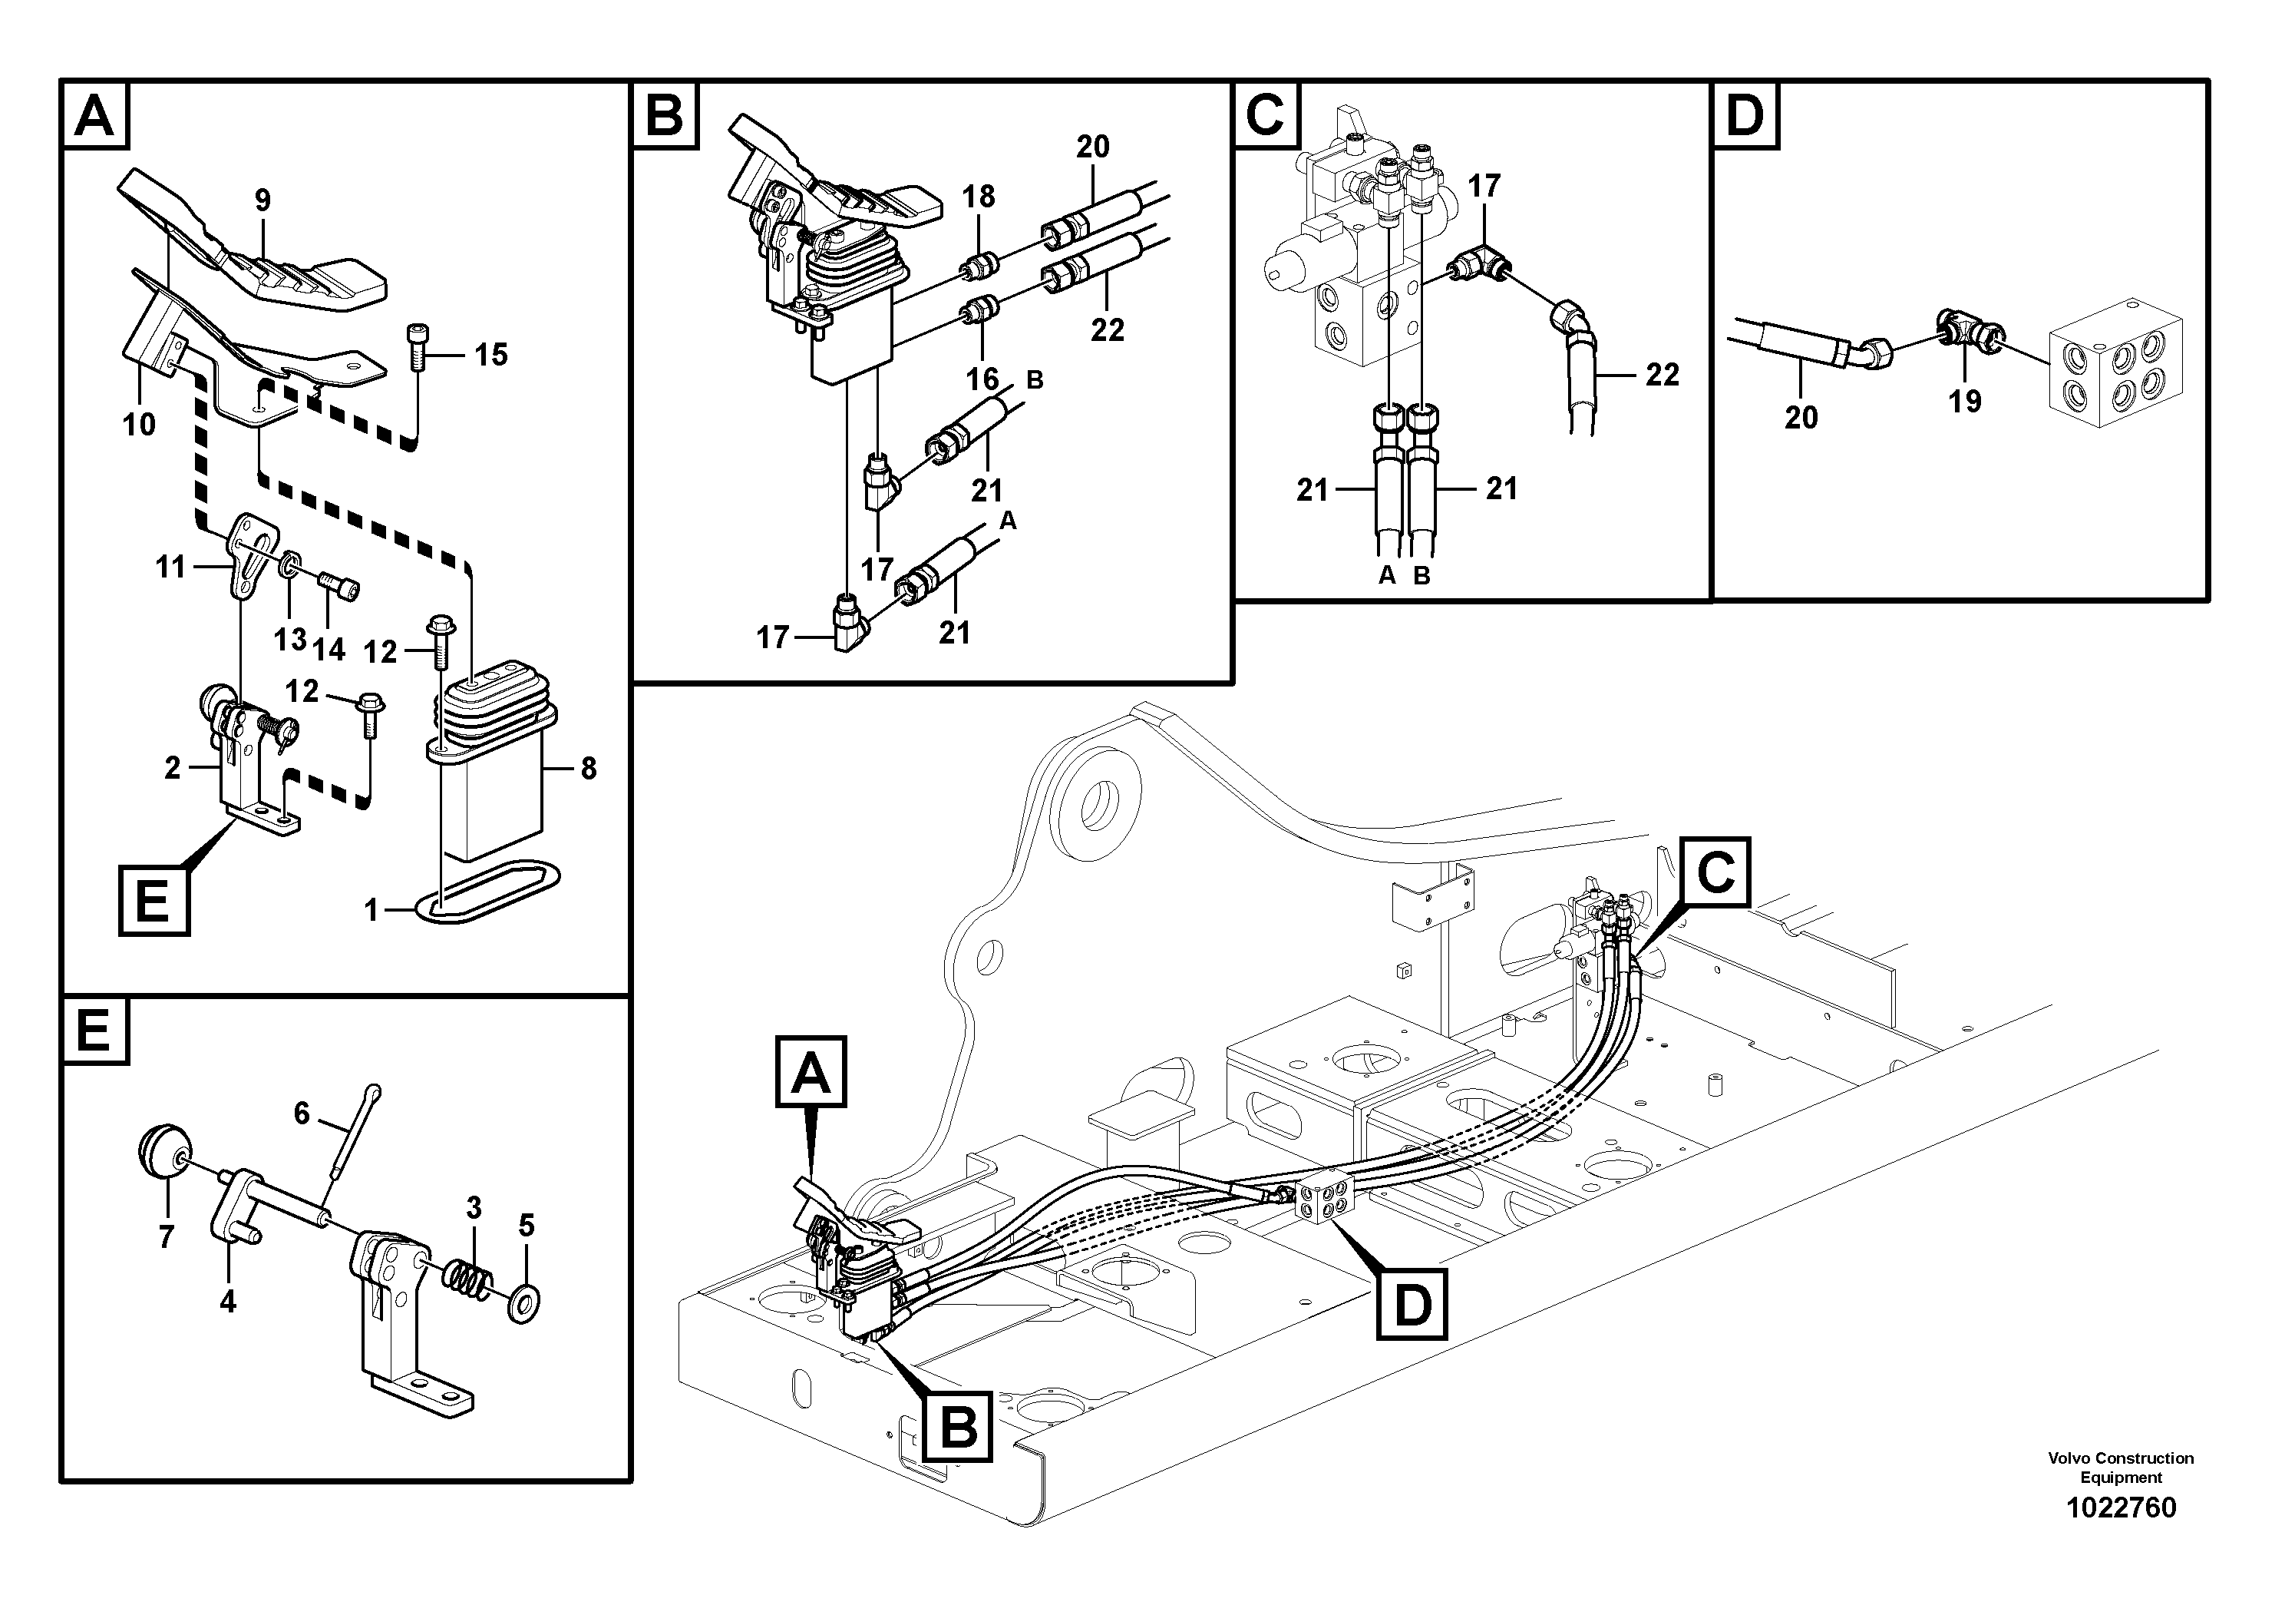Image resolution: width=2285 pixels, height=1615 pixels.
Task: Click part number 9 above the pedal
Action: (x=262, y=200)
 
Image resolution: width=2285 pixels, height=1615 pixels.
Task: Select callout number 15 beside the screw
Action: (x=490, y=355)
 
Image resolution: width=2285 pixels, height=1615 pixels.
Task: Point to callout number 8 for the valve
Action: (x=588, y=768)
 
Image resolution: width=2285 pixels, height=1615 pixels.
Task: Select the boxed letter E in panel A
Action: (x=154, y=902)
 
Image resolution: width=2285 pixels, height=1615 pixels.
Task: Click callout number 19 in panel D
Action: (x=1964, y=402)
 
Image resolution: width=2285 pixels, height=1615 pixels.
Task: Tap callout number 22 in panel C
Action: (x=1662, y=375)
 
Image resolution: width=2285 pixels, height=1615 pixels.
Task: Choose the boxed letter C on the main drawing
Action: (x=1715, y=873)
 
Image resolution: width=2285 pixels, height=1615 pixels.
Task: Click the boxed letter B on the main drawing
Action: (x=959, y=1427)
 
